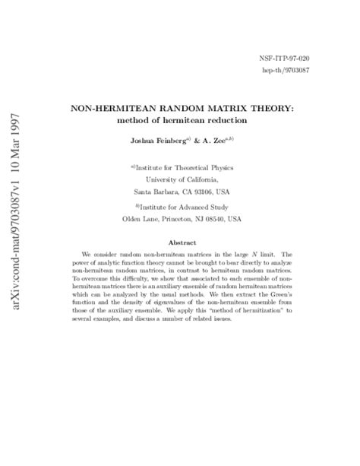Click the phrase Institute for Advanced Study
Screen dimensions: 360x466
pos(184,205)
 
